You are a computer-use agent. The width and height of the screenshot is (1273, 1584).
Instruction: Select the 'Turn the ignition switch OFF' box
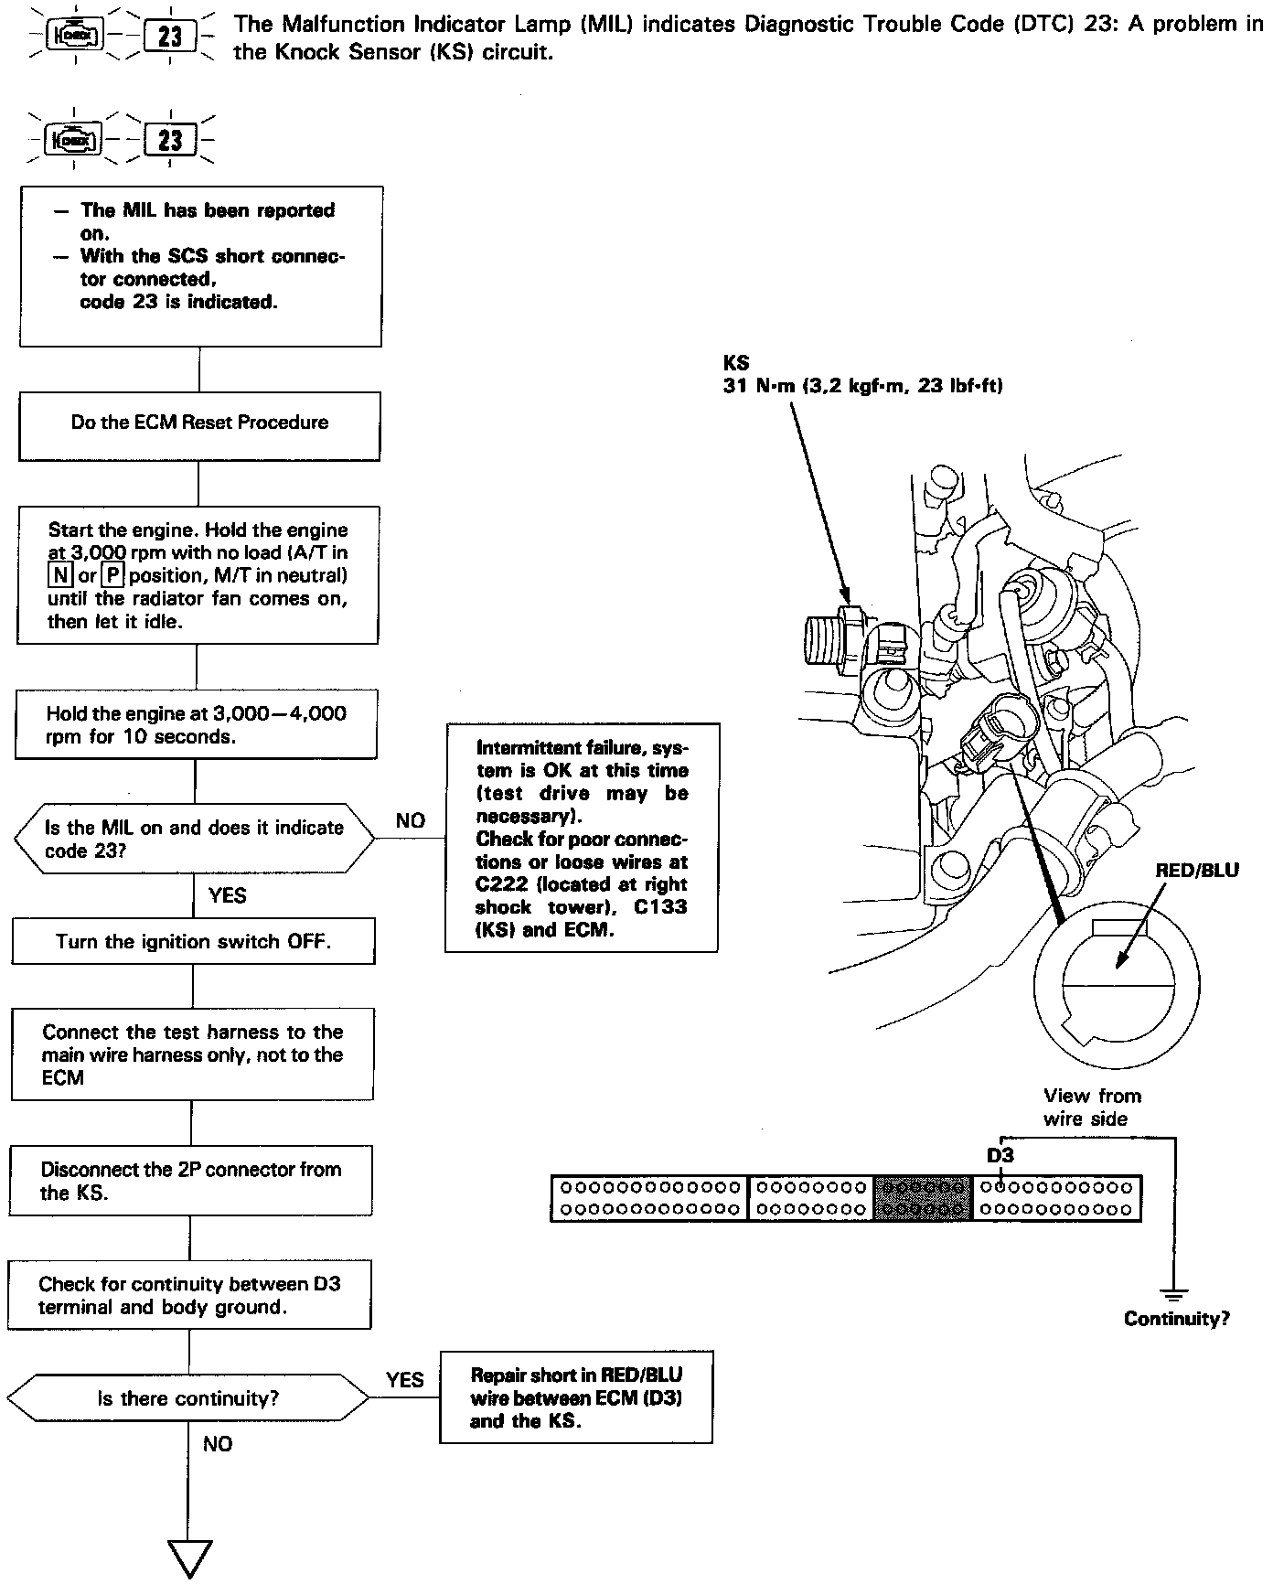click(x=193, y=942)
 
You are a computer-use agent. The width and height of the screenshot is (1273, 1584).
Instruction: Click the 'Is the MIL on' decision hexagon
click(x=194, y=839)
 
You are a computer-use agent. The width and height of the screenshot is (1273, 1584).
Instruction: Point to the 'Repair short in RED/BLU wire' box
click(x=576, y=1397)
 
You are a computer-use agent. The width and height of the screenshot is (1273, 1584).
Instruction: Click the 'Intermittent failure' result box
click(x=582, y=838)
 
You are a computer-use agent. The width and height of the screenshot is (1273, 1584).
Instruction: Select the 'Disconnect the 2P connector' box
click(x=191, y=1182)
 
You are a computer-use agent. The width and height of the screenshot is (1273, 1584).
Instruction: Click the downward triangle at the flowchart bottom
click(x=190, y=1558)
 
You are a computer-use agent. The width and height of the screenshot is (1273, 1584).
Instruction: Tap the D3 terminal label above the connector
click(x=1000, y=1155)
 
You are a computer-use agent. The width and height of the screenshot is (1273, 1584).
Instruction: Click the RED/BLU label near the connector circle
click(x=1196, y=870)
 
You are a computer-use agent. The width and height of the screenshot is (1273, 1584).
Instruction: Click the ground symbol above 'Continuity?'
click(x=1173, y=1294)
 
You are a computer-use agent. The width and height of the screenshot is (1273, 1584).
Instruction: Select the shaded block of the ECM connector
click(x=921, y=1198)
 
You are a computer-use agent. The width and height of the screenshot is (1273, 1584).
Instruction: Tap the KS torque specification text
click(x=862, y=386)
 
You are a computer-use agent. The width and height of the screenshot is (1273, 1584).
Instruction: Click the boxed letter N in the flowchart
click(x=61, y=575)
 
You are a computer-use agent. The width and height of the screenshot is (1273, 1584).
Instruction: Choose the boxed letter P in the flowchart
click(x=112, y=575)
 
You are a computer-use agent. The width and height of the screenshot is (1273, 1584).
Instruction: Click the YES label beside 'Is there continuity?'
click(x=404, y=1379)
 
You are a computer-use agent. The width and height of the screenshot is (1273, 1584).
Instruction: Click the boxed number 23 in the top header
click(x=170, y=37)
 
